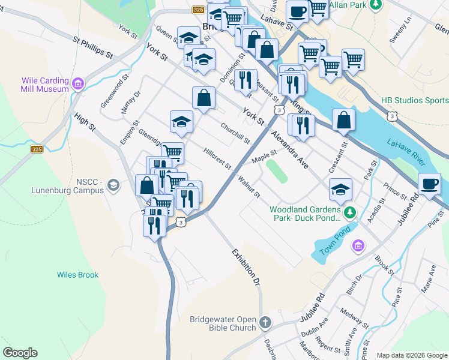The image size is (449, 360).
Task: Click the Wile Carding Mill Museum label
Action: [45, 85]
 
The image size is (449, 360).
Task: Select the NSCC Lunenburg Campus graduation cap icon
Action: [112, 185]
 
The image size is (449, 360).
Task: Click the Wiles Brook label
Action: [77, 275]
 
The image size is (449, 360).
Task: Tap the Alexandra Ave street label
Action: [289, 149]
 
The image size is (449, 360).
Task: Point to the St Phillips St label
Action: [93, 47]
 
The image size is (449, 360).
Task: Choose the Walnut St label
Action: [248, 186]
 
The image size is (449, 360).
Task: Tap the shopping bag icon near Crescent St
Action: [343, 120]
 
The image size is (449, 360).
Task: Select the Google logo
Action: [20, 353]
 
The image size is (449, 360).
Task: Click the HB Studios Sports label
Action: [415, 101]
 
